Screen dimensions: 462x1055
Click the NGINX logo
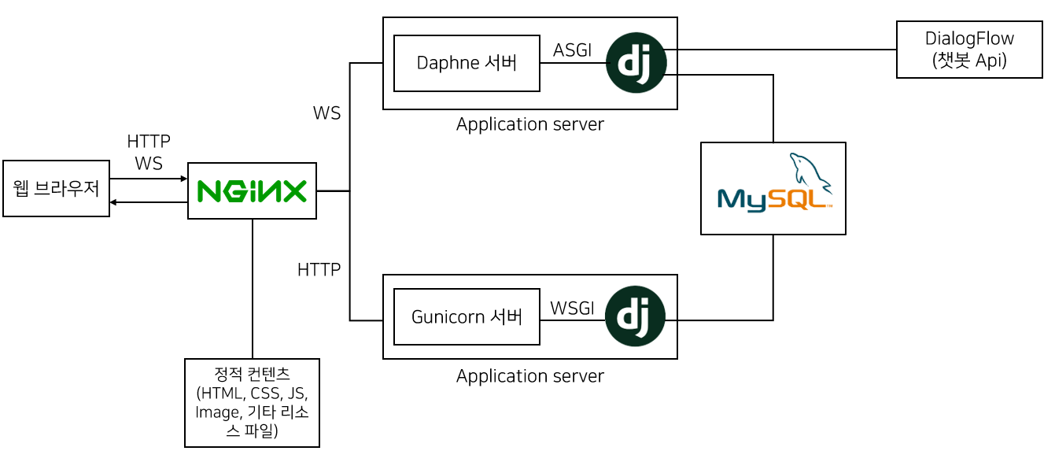pos(252,191)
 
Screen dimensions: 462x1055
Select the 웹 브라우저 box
pos(56,188)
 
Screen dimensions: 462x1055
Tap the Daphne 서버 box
pos(467,63)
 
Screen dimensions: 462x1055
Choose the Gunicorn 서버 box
pos(467,316)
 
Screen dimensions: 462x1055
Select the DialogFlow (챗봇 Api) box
pos(969,50)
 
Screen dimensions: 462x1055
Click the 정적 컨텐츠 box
pos(252,402)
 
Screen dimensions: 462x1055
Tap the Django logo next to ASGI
pos(636,62)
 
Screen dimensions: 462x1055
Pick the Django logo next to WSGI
pos(636,316)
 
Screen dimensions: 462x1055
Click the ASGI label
pos(572,50)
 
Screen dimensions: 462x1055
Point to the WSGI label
pos(572,308)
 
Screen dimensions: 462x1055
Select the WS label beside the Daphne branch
pos(326,113)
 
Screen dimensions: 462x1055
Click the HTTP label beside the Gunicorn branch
pos(319,269)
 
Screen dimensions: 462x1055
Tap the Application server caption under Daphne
pos(529,124)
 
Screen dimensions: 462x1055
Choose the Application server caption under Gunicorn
pos(529,376)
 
